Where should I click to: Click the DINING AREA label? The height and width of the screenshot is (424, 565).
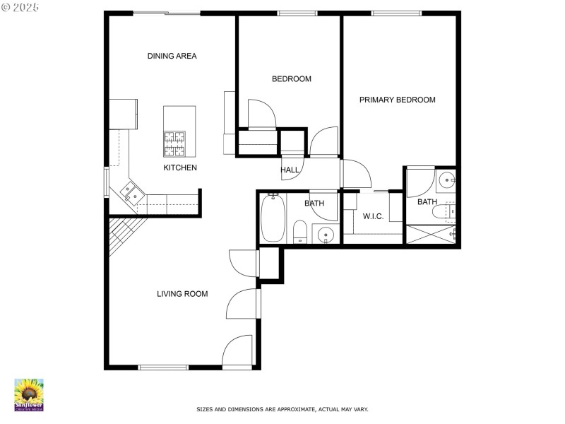point(172,57)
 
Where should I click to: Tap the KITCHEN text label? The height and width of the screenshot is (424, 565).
point(180,168)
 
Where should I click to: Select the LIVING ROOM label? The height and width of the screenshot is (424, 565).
point(182,294)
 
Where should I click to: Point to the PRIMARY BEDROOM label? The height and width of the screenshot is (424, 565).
point(397,100)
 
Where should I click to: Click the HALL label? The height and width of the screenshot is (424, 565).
point(290,170)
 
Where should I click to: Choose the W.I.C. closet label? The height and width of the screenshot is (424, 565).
point(373,217)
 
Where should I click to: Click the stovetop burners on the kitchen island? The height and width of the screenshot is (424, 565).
point(174,143)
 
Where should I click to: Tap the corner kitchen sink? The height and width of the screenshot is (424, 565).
point(130,191)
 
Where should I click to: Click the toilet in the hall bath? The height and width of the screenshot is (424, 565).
point(299,231)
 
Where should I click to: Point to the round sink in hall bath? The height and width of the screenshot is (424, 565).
point(325,235)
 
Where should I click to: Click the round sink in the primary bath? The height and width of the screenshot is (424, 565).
point(446,181)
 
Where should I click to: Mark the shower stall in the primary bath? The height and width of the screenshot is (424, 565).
point(431,235)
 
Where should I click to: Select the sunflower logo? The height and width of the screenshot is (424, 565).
point(29,394)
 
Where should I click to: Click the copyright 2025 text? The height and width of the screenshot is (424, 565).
point(20,6)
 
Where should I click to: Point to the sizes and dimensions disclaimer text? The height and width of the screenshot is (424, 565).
point(282,409)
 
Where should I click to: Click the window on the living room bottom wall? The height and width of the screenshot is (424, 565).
point(163,367)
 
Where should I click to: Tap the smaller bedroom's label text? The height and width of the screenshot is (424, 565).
point(292,79)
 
